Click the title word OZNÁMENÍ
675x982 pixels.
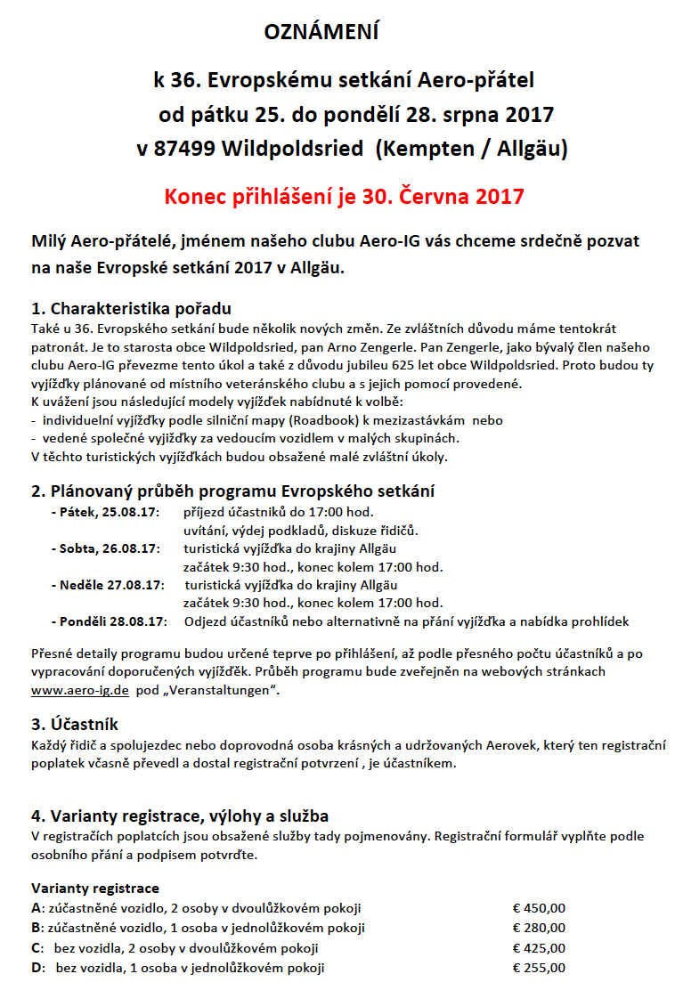click(321, 33)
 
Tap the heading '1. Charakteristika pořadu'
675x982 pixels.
click(131, 310)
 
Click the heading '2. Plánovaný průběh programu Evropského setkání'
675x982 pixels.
click(233, 491)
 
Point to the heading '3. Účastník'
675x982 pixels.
click(75, 725)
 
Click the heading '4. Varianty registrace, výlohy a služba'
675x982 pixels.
click(180, 816)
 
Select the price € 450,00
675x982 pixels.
click(539, 908)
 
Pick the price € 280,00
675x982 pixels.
click(539, 928)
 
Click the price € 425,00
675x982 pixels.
click(539, 948)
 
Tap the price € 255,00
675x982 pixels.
click(539, 968)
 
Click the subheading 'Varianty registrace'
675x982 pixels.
click(95, 889)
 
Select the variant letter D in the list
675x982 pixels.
click(37, 968)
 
